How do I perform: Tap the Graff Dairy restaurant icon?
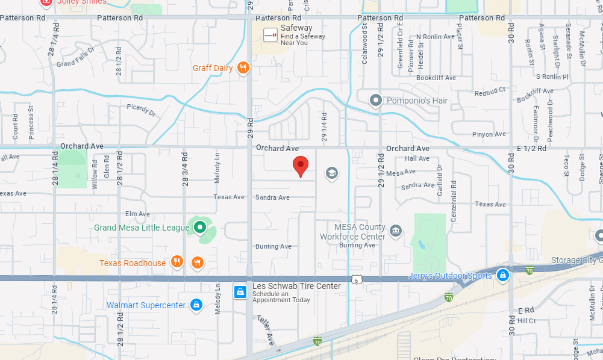[243, 68]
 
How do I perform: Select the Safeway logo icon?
[270, 36]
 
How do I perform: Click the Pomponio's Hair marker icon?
[376, 100]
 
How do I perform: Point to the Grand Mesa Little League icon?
[199, 228]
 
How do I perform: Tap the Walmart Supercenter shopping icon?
[196, 305]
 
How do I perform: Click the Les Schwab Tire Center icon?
[240, 293]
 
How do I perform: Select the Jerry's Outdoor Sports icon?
[502, 276]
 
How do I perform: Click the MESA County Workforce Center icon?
[396, 231]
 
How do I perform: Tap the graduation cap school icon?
[331, 174]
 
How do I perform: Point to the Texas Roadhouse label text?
[133, 263]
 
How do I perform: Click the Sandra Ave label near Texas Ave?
[272, 197]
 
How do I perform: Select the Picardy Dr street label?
[142, 110]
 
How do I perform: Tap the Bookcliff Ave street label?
[436, 78]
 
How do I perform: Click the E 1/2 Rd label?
[531, 148]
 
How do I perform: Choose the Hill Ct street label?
[526, 321]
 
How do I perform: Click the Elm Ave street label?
[137, 214]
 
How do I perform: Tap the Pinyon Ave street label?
[489, 134]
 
